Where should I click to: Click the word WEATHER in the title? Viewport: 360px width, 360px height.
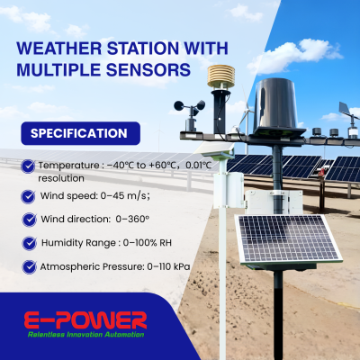(x=60, y=49)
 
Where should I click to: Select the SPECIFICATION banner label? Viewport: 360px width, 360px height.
(x=79, y=133)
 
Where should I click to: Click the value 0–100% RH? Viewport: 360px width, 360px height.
(x=150, y=243)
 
